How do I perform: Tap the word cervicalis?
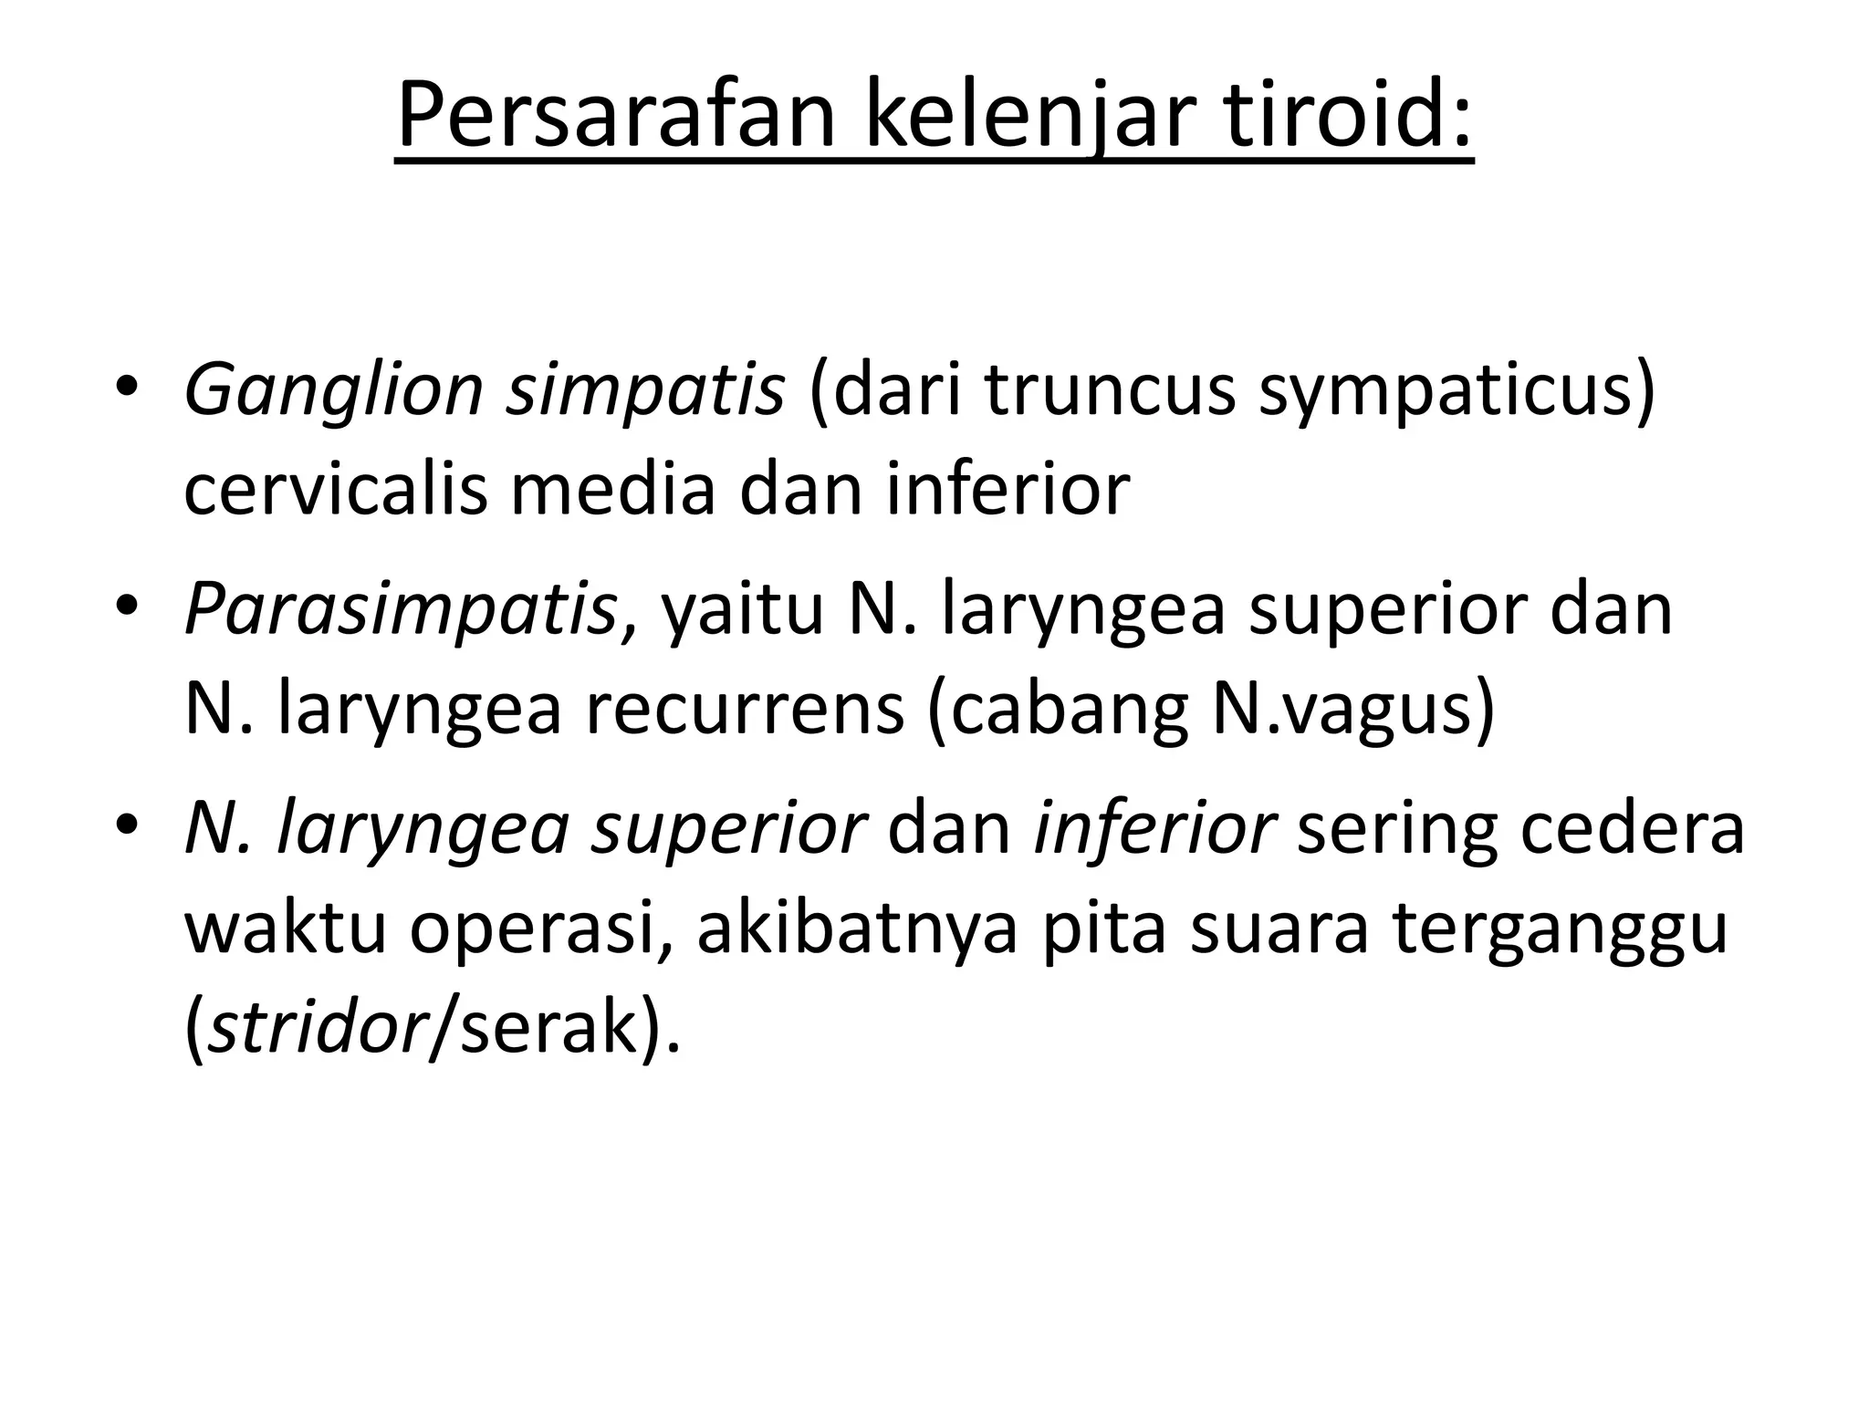335,489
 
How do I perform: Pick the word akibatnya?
856,929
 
